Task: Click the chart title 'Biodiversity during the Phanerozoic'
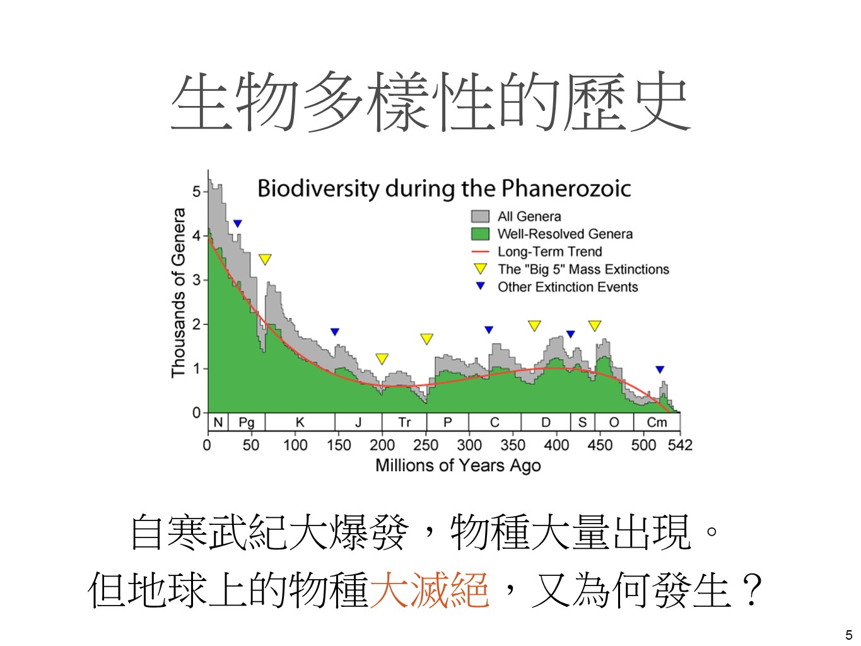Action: (444, 188)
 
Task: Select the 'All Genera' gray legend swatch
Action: (480, 216)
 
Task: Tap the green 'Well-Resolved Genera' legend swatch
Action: (480, 234)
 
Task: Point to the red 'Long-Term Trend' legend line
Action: (480, 252)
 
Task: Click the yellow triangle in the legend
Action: (480, 269)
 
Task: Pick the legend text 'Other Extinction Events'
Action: (568, 287)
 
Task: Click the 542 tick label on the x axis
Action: (680, 445)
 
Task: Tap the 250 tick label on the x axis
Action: (426, 445)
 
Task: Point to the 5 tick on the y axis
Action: (197, 191)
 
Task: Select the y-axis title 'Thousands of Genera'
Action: (179, 293)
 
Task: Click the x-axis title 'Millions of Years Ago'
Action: (458, 466)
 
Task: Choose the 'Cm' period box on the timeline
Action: (657, 422)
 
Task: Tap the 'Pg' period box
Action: (246, 422)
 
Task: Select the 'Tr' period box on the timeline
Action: (404, 422)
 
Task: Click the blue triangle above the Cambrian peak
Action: (660, 370)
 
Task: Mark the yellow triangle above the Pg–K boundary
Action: (265, 259)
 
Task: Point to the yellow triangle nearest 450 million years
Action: (594, 326)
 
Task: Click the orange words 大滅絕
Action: (430, 590)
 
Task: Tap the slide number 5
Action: (848, 635)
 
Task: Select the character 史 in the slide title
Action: (659, 102)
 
